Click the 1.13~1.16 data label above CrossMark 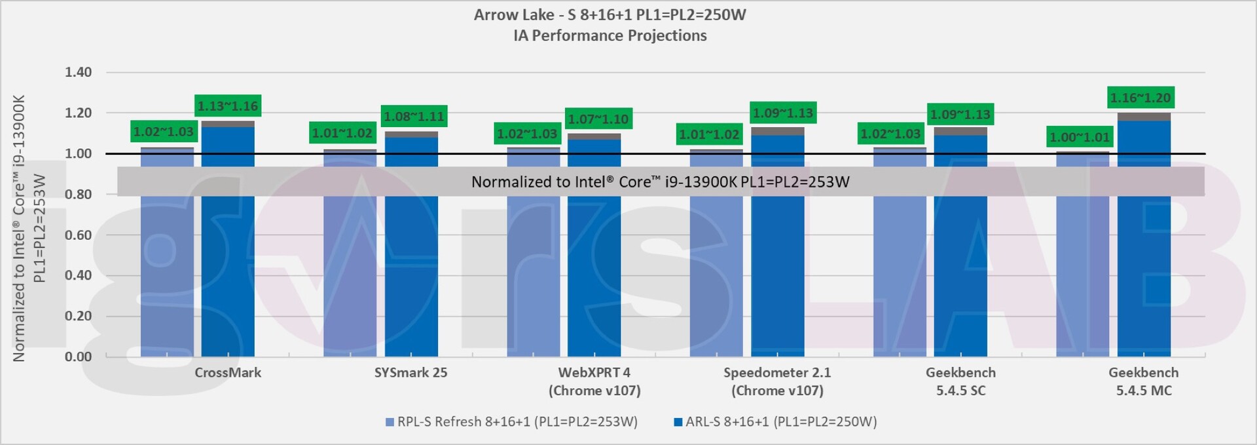228,106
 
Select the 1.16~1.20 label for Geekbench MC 1140,98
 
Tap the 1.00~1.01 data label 1080,137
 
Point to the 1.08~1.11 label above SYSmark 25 414,117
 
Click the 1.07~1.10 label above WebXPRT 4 598,119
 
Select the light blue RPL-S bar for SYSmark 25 350,275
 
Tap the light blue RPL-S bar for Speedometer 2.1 716,275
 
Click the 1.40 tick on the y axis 78,72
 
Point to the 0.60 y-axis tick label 78,235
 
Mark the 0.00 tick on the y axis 78,357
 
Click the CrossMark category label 228,373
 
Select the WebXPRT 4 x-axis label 594,373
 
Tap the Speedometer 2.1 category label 777,373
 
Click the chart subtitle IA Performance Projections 610,35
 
